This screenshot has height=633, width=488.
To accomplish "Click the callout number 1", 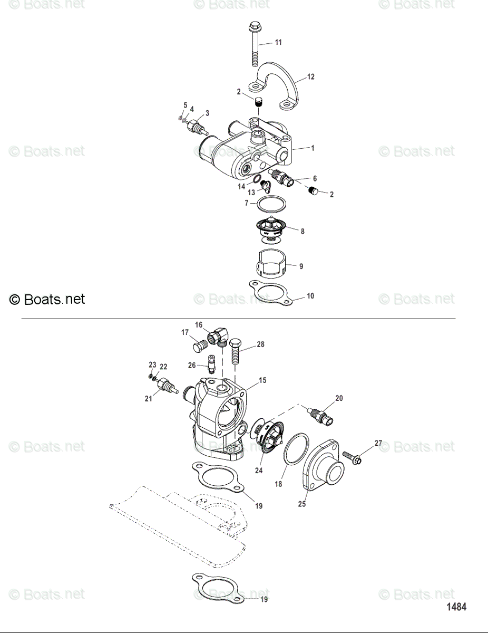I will pos(313,149).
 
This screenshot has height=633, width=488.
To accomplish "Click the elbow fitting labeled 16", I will pos(218,335).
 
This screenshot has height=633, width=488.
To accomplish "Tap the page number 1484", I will pos(457,607).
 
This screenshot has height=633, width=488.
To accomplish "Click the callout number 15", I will pos(262,380).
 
